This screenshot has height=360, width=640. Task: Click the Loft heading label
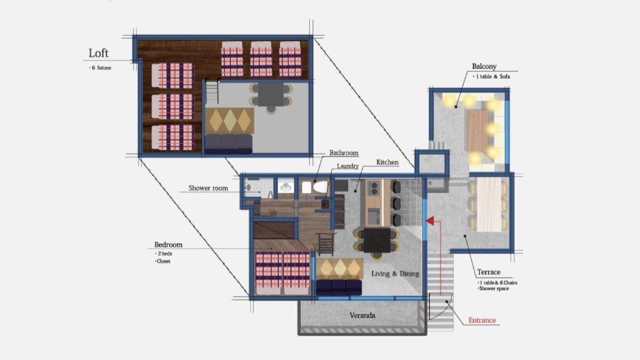98,53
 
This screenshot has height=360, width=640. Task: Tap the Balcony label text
484,66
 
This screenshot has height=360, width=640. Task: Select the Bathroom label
344,153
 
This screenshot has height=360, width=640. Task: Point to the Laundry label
348,166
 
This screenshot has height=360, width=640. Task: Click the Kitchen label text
387,162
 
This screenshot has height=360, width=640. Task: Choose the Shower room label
208,188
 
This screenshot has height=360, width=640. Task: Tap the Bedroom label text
168,245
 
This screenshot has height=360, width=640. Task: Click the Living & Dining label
395,274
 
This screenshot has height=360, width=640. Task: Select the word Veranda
362,315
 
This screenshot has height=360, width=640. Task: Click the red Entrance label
482,320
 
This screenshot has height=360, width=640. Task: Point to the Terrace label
488,272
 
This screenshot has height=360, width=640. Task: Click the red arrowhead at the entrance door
429,221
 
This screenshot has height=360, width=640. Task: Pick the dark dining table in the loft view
271,95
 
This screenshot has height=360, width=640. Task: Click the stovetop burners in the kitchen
374,188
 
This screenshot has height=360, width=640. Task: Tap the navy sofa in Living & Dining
339,287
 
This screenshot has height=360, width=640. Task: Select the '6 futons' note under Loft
100,68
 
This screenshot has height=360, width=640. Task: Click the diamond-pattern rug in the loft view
229,121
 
